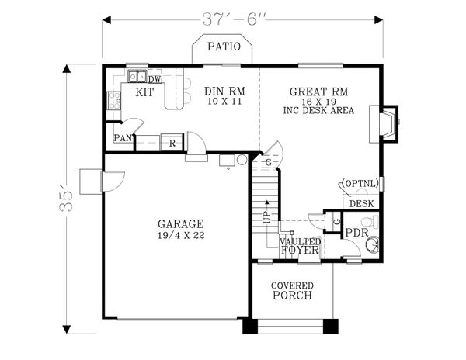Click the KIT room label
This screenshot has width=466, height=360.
[x=144, y=92]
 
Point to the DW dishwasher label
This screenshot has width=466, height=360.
[x=155, y=78]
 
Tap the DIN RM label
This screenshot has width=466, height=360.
[x=224, y=91]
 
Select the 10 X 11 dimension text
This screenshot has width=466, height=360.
[x=224, y=102]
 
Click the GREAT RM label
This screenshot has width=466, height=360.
[x=318, y=92]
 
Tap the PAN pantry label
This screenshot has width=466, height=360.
[x=122, y=138]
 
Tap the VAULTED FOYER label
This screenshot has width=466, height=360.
[x=298, y=246]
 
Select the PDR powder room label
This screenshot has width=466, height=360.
[x=356, y=232]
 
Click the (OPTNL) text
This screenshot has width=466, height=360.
[x=359, y=184]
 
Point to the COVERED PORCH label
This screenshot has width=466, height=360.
[x=292, y=290]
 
